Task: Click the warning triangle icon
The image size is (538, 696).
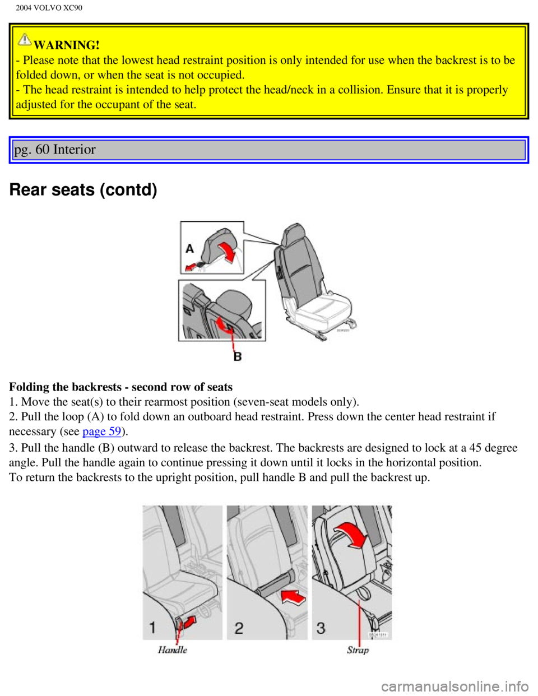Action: (24, 39)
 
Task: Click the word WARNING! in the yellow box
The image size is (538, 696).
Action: (67, 45)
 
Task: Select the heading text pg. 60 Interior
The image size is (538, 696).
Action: (55, 150)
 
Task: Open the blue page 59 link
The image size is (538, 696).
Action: (101, 432)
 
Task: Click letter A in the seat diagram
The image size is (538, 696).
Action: (189, 248)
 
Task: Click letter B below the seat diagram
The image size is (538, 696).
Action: (238, 356)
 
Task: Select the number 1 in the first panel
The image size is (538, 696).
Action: (152, 627)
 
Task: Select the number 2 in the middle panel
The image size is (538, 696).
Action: (239, 628)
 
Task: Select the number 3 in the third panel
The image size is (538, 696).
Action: (321, 628)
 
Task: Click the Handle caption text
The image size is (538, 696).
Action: (173, 650)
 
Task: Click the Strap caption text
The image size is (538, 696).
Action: (358, 650)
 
